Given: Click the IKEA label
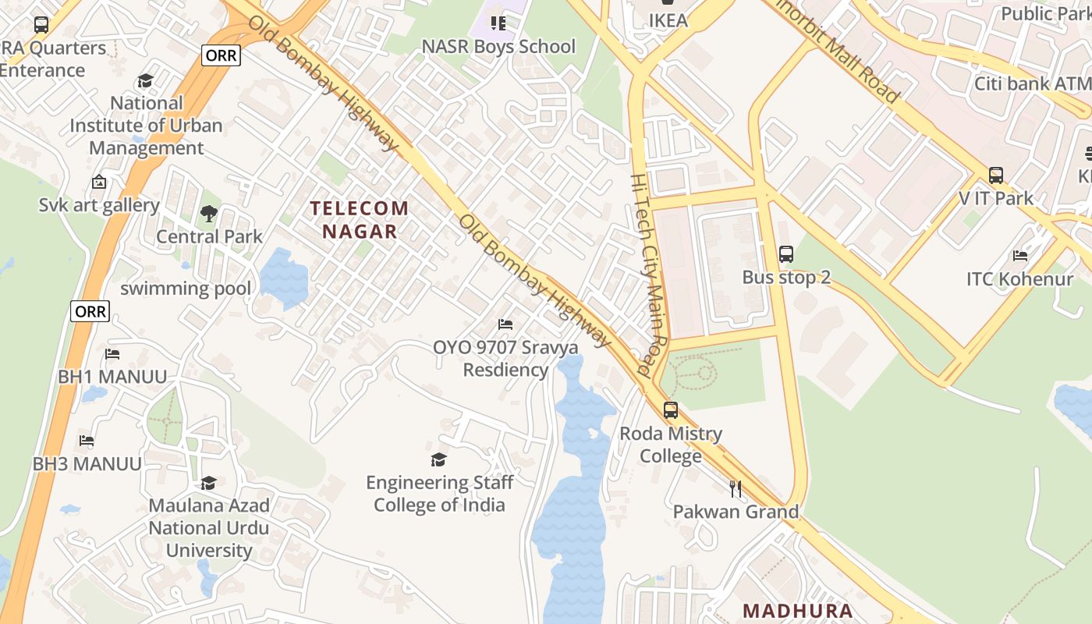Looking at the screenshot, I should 668,20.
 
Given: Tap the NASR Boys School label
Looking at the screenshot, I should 498,47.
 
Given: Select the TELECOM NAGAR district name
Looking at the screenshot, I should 360,219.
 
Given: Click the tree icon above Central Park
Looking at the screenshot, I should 208,213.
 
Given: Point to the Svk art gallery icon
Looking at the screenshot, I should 99,183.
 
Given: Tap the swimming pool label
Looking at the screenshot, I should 186,289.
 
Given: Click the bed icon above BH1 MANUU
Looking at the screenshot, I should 112,354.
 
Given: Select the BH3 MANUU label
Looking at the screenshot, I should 87,464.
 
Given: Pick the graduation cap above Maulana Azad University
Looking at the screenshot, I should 208,484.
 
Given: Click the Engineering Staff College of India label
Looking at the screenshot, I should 438,494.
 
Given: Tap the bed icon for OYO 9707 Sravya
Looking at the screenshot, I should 505,324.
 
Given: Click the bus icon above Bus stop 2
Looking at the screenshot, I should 786,253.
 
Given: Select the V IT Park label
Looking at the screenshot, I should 996,198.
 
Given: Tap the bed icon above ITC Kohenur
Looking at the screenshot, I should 1020,256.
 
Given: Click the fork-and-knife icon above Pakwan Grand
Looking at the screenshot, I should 736,489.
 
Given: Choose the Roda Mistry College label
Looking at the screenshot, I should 671,445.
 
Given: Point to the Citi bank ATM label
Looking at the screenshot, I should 1032,83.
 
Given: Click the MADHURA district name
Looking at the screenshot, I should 797,611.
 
